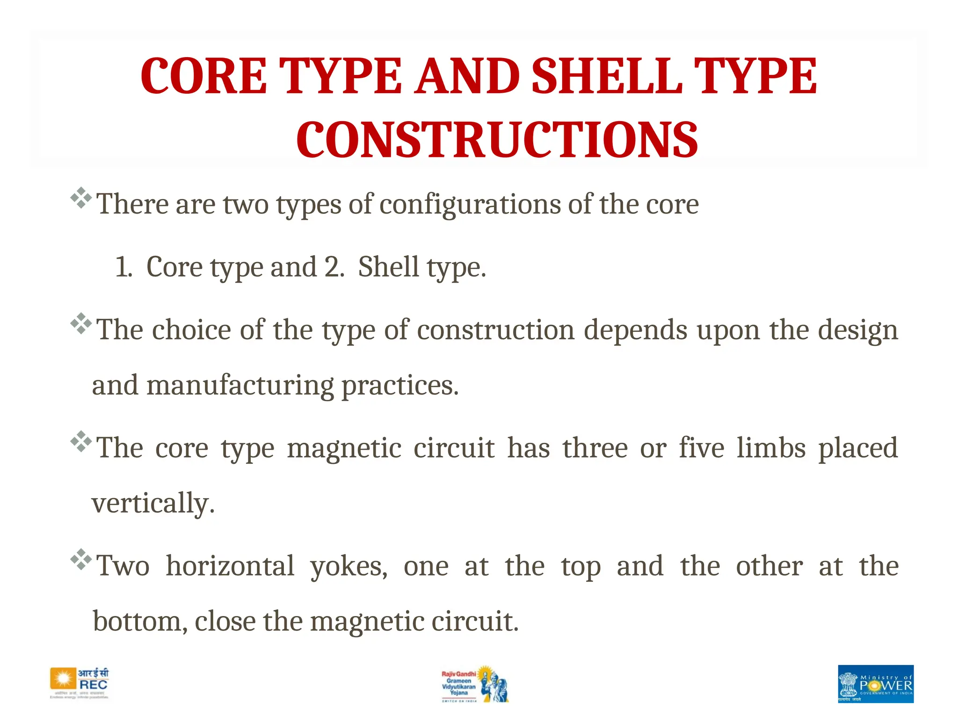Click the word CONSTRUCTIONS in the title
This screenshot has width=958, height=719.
[x=497, y=139]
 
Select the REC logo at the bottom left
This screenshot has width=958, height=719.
[x=80, y=683]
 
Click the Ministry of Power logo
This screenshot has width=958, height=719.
[x=875, y=683]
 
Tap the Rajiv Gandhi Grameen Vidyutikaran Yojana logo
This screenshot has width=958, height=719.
[x=474, y=684]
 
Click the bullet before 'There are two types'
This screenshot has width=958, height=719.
[x=80, y=198]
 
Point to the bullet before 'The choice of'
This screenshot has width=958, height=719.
[x=80, y=323]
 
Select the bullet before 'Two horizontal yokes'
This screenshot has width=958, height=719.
[x=80, y=559]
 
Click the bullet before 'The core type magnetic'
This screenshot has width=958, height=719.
[x=80, y=441]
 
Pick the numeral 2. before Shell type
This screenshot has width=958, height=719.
[x=334, y=267]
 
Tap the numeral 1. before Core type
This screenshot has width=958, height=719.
[x=123, y=267]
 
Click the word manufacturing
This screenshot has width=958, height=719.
[x=240, y=387]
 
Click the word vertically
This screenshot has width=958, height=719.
[x=152, y=504]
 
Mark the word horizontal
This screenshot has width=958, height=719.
[x=230, y=566]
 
